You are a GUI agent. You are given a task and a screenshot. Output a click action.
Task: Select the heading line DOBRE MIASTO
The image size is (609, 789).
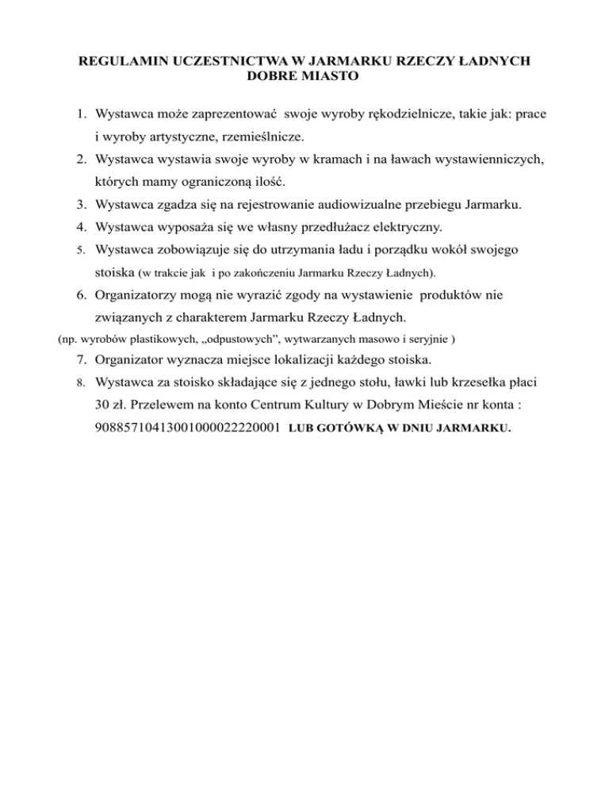tap(304, 79)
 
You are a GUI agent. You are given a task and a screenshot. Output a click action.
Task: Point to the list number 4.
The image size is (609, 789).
tap(82, 228)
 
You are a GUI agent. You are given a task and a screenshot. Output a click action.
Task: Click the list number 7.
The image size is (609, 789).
tap(82, 362)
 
